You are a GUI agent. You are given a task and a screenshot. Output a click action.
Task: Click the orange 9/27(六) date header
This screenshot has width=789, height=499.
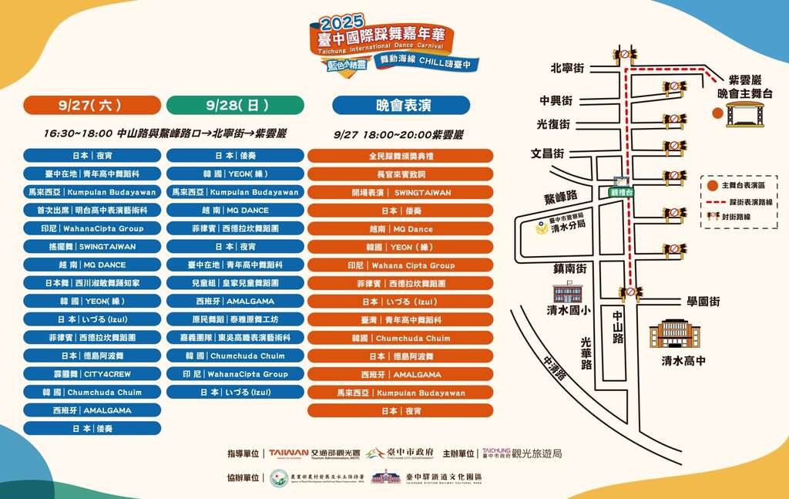[x=92, y=105]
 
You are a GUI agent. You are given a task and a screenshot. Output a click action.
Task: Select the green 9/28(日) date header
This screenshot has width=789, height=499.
[x=235, y=105]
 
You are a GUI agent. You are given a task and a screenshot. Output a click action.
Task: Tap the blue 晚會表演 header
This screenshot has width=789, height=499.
[x=401, y=105]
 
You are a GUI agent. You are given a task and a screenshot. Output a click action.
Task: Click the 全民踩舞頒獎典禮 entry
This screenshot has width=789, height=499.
[x=401, y=156]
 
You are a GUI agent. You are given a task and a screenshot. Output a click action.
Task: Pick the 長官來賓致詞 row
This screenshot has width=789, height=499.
[x=401, y=174]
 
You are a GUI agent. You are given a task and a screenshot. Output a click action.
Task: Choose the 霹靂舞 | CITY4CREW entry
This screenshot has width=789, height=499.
[x=92, y=374]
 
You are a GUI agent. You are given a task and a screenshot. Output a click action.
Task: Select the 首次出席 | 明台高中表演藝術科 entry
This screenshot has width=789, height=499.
[x=92, y=210]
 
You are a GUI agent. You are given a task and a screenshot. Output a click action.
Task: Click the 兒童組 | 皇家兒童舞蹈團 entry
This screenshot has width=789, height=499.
[x=235, y=283]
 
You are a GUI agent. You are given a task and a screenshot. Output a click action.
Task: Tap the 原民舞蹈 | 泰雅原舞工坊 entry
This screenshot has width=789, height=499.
[x=235, y=319]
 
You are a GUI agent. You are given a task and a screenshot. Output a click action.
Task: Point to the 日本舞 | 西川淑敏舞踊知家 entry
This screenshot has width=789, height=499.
[x=92, y=283]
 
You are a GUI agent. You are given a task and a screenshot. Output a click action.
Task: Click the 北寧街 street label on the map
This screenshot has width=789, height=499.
[x=568, y=68]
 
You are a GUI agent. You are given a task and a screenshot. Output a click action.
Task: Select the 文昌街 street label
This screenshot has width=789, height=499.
[x=548, y=153]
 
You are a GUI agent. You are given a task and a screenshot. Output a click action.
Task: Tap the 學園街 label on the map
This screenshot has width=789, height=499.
[x=703, y=301]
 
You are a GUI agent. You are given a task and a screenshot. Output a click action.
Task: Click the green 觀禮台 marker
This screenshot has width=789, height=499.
[x=619, y=192]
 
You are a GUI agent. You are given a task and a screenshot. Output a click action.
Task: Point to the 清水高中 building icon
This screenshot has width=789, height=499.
[x=674, y=334]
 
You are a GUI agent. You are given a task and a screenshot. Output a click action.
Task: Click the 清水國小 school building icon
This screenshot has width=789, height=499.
[x=568, y=293]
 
